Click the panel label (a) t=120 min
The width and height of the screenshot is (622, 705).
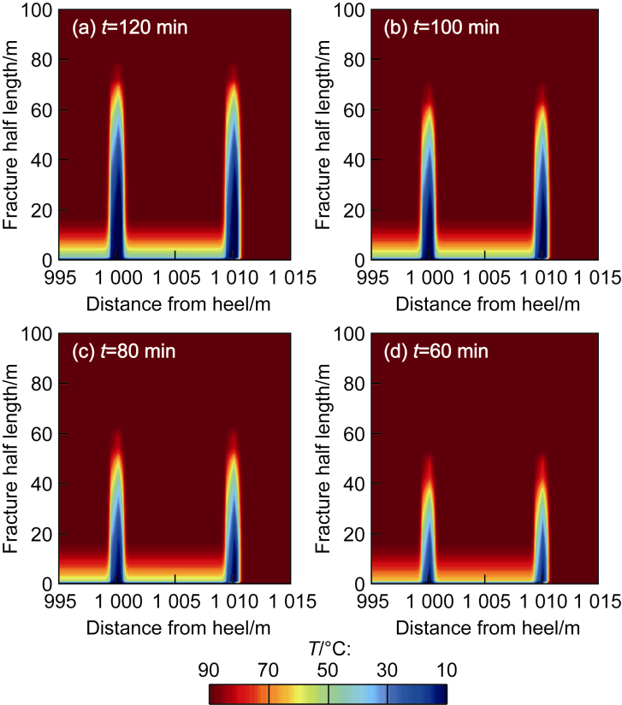coord(130,27)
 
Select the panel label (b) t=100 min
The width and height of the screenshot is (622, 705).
coord(441,27)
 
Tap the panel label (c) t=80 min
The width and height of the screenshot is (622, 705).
coord(124,351)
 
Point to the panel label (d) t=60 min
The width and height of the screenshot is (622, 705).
coord(435,351)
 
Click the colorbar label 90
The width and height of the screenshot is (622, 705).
coord(209,670)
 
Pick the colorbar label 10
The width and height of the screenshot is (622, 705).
coord(447,670)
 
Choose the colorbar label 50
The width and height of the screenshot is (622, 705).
coord(327,670)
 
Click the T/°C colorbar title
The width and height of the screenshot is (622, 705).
coord(329,649)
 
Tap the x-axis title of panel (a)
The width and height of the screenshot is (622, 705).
coord(178,304)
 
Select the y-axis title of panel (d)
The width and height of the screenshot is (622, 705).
coord(323,459)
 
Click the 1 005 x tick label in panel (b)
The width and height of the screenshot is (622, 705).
coord(486,278)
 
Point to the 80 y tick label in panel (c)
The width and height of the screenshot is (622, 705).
coord(41,384)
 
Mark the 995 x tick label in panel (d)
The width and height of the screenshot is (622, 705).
coord(372,601)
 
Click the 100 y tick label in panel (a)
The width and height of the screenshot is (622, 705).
coord(37,10)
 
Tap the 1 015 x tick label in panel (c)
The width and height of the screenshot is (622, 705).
coord(293,601)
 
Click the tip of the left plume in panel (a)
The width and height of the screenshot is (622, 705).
coord(117,64)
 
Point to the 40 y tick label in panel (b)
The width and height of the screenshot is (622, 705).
coord(353,160)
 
